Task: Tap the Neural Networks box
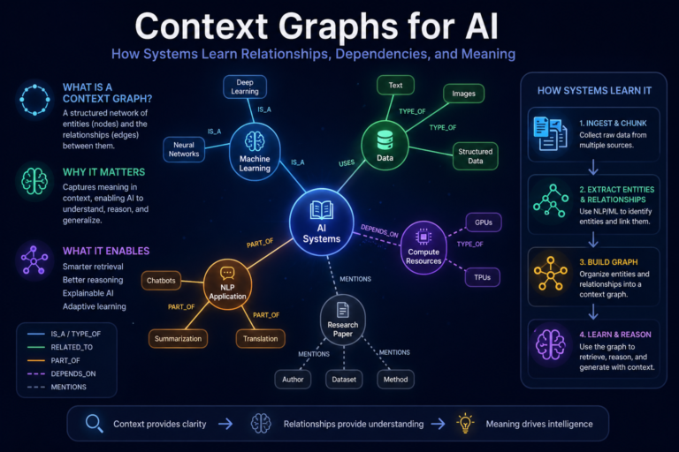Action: pos(185,147)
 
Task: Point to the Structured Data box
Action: pos(476,156)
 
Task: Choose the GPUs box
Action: pos(484,223)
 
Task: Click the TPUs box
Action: pos(484,276)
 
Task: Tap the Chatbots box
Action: pos(164,281)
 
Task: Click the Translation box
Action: pos(260,338)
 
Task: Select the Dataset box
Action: pos(343,380)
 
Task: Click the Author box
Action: pos(294,380)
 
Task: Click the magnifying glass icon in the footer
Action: pos(92,423)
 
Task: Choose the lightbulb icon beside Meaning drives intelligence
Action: pos(463,423)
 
